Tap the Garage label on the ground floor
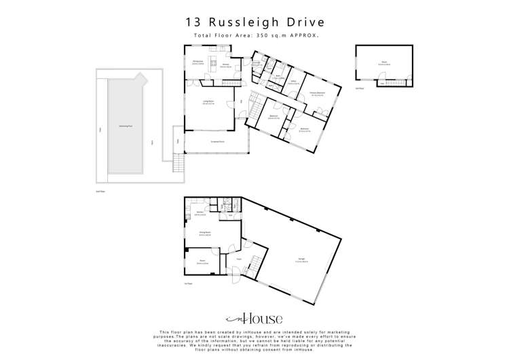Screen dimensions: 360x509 [x=301, y=258]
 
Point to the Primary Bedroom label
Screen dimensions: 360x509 [x=317, y=92]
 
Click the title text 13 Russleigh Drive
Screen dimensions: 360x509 [x=254, y=22]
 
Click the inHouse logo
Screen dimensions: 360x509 [x=254, y=319]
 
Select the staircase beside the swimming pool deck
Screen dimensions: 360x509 [x=178, y=164]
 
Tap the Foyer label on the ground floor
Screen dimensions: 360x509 [x=239, y=259]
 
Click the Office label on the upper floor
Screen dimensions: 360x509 [x=294, y=82]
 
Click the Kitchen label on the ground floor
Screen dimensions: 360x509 [x=201, y=213]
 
